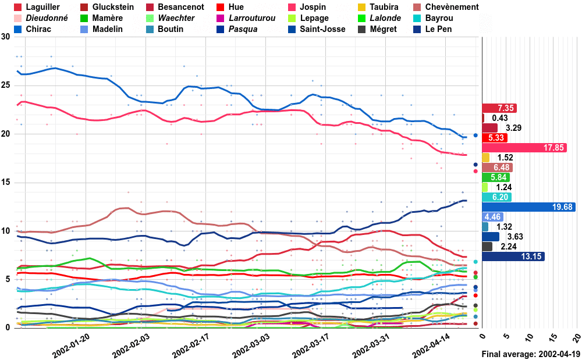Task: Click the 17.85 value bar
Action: tap(524, 148)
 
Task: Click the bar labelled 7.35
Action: tap(499, 108)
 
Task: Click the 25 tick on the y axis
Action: tap(6, 85)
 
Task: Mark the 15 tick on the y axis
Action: tap(6, 183)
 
